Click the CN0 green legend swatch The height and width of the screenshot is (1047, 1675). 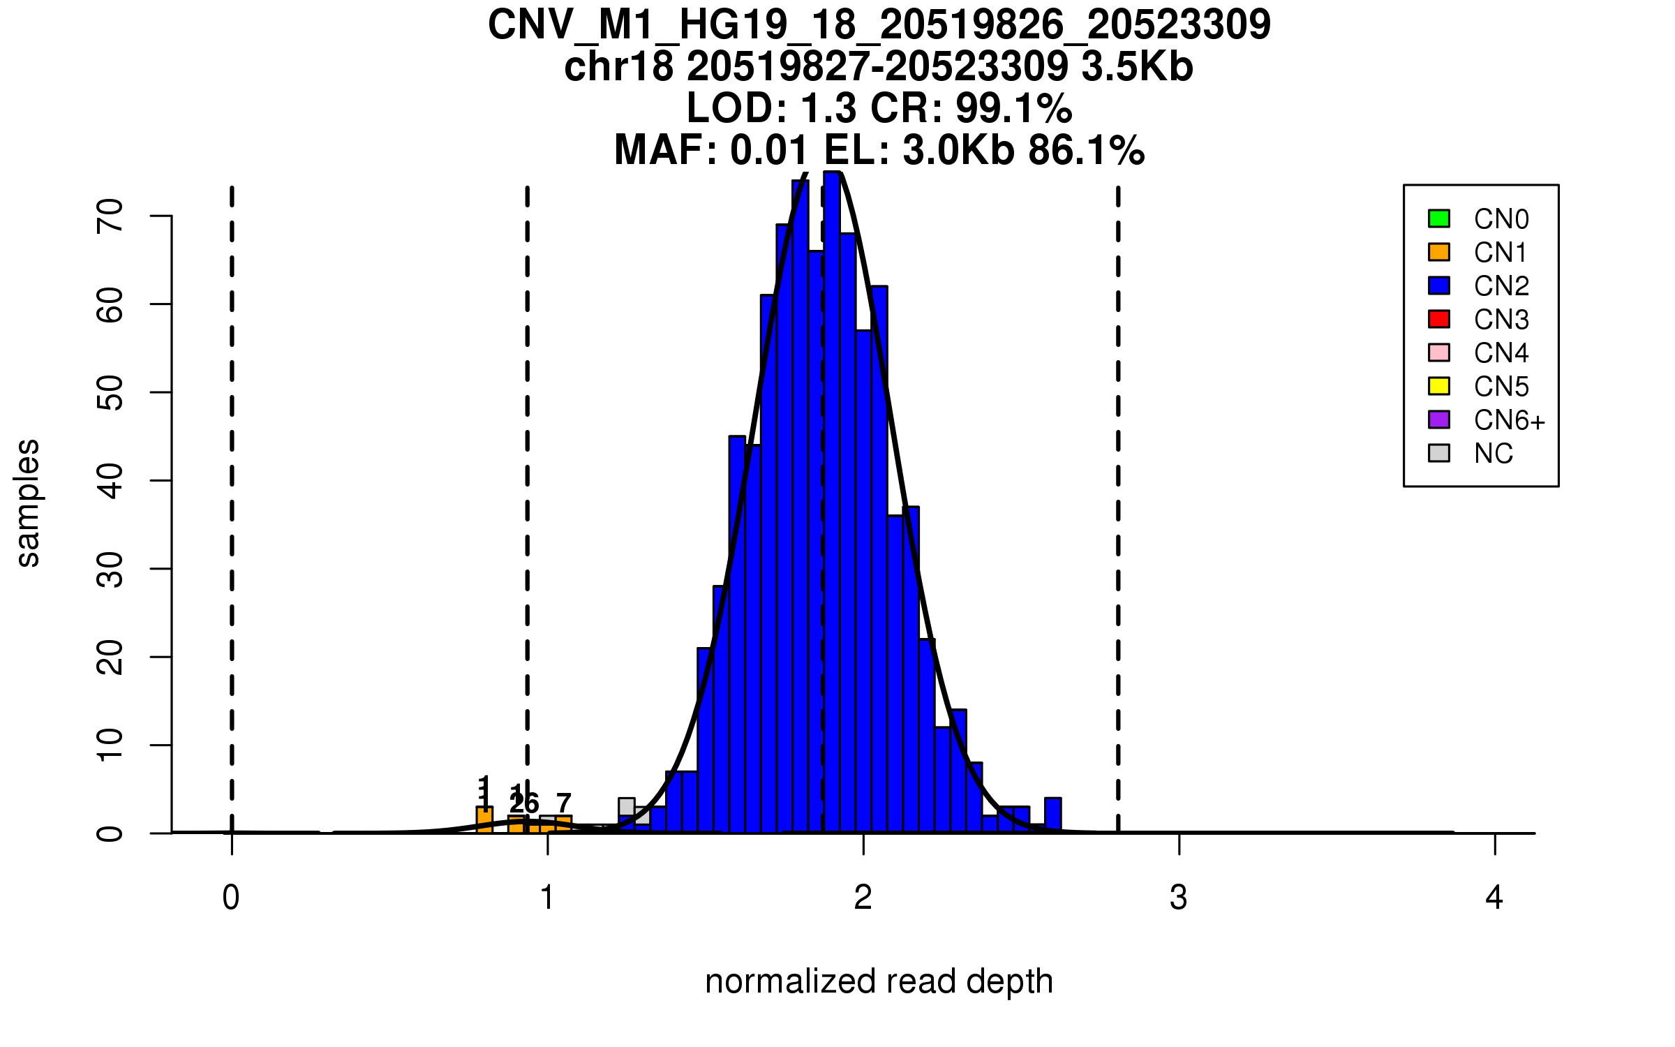pos(1439,218)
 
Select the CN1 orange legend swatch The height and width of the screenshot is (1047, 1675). pos(1439,252)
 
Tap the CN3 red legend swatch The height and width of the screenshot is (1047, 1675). pos(1439,319)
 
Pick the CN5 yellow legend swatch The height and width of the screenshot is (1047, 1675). pos(1439,386)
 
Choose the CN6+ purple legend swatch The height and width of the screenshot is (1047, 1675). pos(1439,419)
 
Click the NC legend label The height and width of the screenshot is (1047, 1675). pos(1493,454)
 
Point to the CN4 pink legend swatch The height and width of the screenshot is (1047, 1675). pos(1439,352)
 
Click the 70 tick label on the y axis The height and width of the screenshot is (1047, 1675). pos(110,216)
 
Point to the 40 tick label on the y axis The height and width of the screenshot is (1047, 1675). pos(110,480)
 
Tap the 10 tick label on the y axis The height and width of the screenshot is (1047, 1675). pos(110,745)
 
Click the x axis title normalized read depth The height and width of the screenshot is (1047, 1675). pos(879,981)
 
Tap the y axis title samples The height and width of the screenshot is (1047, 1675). pos(28,503)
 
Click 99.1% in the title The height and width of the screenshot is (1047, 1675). pos(1013,108)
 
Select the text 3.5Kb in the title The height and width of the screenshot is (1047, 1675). pos(1137,67)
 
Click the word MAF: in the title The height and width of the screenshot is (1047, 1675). pos(666,150)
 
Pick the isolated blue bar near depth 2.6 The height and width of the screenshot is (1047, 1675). pos(1052,815)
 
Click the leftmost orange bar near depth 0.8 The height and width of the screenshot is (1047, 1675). pos(484,819)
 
